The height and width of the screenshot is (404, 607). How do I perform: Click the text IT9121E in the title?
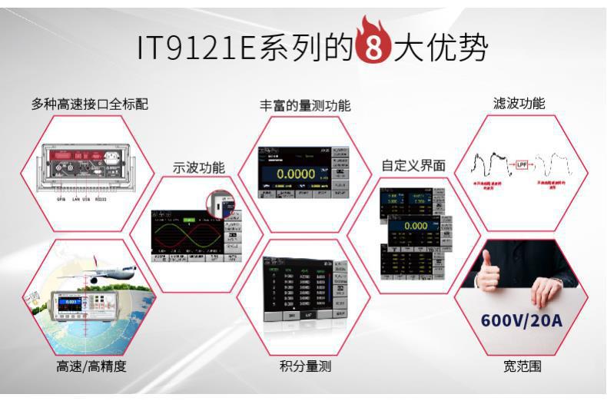[x=197, y=47]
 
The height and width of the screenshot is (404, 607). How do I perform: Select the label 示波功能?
[x=199, y=167]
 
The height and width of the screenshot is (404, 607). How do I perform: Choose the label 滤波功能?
[x=519, y=103]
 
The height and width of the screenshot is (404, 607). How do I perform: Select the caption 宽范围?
[x=519, y=366]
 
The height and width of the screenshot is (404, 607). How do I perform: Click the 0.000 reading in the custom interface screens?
[x=415, y=227]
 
